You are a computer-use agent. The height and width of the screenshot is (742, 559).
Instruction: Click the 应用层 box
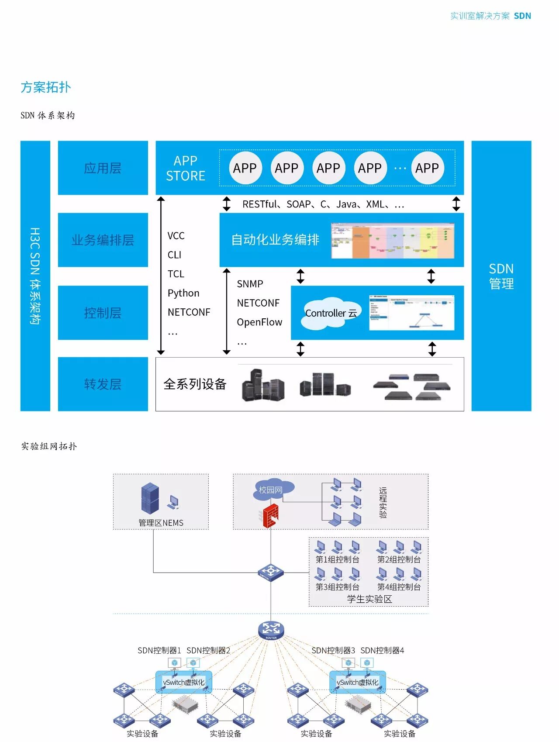click(103, 168)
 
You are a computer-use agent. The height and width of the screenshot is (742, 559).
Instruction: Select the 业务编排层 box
click(103, 240)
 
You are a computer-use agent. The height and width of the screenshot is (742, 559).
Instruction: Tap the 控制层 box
click(103, 313)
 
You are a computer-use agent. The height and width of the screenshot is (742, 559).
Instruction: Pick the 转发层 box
click(103, 384)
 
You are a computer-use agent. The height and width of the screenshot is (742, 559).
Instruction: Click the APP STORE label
click(186, 168)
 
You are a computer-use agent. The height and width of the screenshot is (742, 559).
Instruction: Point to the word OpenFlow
click(259, 322)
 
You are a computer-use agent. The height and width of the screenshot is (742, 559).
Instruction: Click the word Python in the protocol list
click(183, 293)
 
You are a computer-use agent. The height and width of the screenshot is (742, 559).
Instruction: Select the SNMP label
click(250, 284)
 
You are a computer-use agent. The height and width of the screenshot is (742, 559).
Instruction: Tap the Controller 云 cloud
click(331, 313)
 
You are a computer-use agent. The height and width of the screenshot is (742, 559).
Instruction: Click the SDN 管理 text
click(501, 276)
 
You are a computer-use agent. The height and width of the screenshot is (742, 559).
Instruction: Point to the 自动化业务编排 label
click(275, 240)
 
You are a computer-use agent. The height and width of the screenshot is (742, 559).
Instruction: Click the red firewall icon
click(271, 515)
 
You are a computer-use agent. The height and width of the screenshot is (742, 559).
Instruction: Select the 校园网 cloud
click(271, 490)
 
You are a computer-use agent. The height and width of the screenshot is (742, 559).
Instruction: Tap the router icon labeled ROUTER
click(271, 630)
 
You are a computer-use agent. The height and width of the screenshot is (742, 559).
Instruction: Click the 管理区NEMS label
click(161, 523)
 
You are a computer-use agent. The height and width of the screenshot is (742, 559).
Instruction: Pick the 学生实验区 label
click(369, 599)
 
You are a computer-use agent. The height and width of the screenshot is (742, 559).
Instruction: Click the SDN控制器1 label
click(159, 650)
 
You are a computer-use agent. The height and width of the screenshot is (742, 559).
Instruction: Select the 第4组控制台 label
click(399, 587)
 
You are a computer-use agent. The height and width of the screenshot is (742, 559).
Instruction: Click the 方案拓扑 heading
click(45, 87)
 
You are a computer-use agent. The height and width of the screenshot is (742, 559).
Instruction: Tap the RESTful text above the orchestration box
click(259, 204)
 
